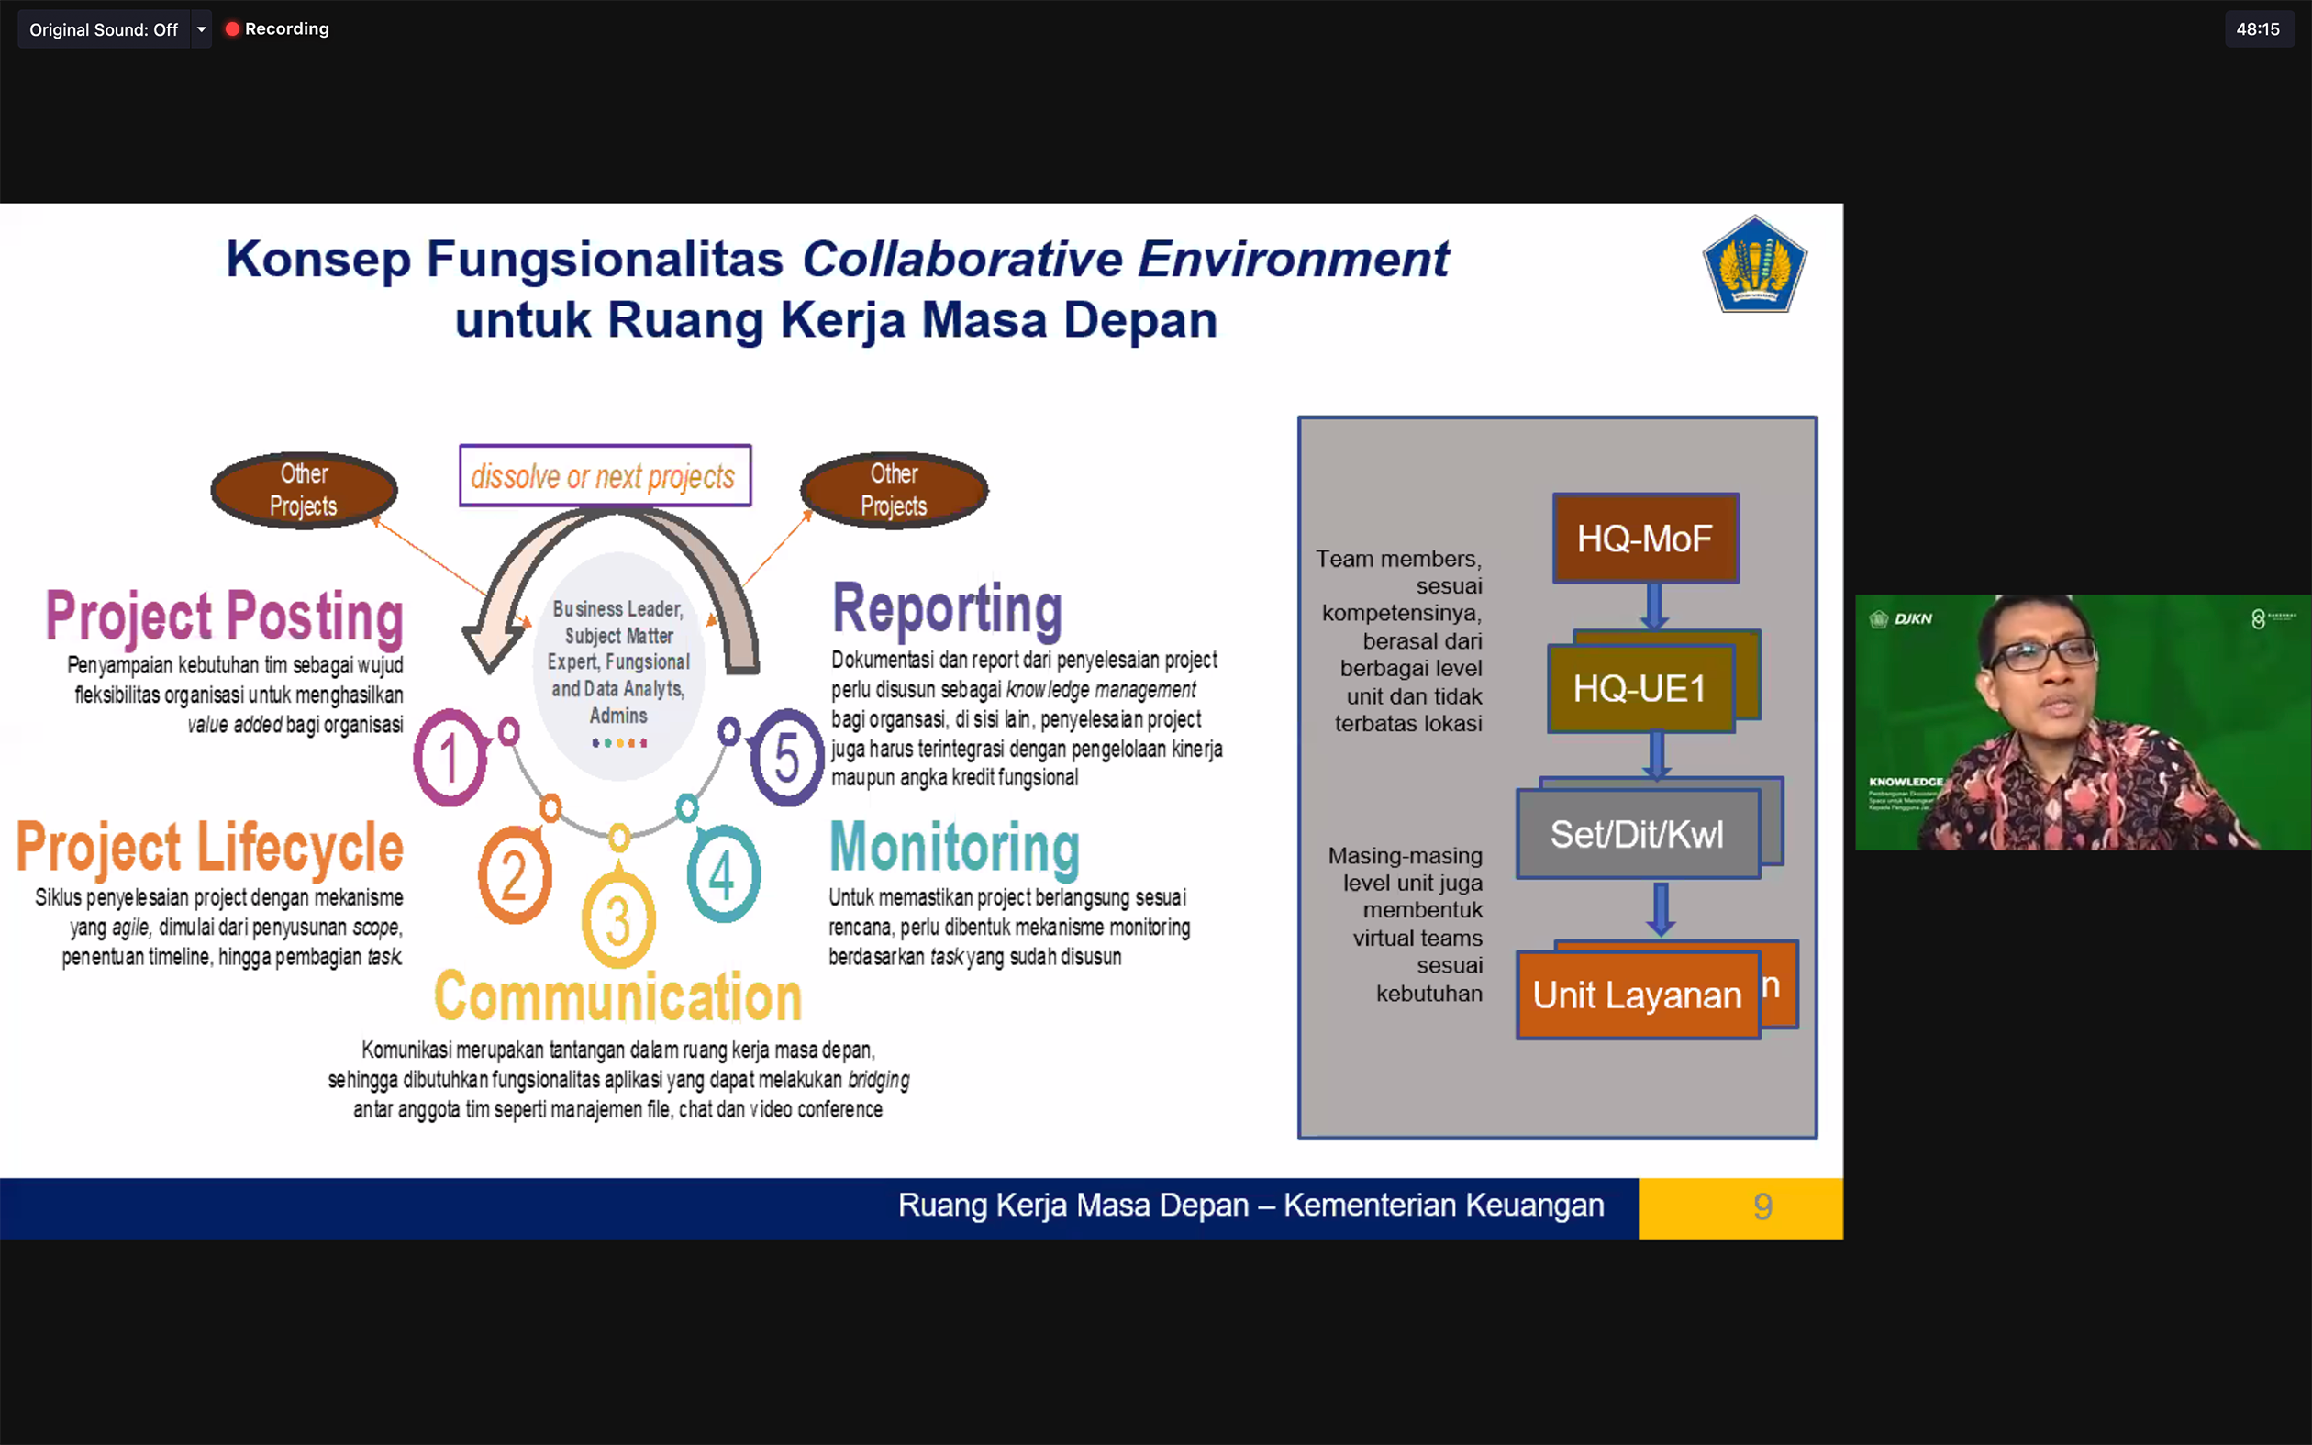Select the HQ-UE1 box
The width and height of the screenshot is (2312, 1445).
click(1640, 688)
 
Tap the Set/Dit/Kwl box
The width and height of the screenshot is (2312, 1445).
click(1638, 834)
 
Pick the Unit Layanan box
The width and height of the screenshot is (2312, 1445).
click(1638, 995)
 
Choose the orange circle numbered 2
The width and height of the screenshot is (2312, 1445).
click(514, 874)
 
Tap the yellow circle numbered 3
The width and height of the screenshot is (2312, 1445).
click(618, 919)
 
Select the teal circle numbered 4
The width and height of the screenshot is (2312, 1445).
click(723, 874)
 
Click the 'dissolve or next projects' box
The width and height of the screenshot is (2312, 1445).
click(605, 476)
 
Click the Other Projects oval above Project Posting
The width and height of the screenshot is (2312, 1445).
click(304, 489)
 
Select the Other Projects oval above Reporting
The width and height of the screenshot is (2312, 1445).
click(895, 489)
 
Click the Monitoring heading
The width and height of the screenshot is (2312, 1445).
click(954, 848)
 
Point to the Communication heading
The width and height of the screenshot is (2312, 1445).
click(618, 996)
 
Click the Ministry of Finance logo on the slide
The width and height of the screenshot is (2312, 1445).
click(1755, 265)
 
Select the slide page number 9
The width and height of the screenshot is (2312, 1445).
click(1762, 1207)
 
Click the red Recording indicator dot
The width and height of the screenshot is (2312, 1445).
click(232, 28)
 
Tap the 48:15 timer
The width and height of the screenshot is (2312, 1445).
click(2258, 28)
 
